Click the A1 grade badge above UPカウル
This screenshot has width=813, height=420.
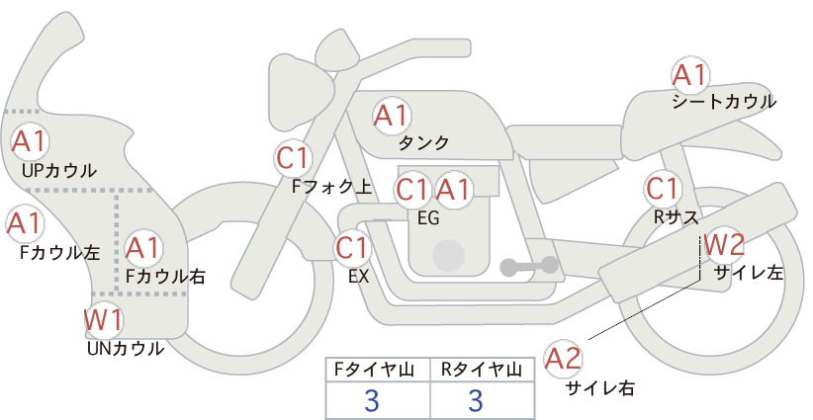(x=30, y=141)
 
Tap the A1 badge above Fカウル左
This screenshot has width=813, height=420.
(x=25, y=223)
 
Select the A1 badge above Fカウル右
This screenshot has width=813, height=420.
(x=143, y=248)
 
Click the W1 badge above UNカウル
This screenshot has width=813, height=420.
(x=104, y=319)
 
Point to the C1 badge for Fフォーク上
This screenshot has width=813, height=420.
(x=294, y=158)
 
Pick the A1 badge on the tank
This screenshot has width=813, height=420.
(x=392, y=116)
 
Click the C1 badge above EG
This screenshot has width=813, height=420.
(x=413, y=190)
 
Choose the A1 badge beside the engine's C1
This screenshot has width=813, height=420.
(x=454, y=190)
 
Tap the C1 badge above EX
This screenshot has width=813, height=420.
(x=352, y=247)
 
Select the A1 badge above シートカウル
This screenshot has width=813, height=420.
(x=690, y=75)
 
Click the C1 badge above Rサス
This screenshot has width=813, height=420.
(x=663, y=189)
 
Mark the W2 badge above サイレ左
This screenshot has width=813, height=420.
(x=725, y=245)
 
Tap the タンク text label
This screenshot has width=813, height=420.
(x=423, y=143)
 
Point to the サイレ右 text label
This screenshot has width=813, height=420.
(x=600, y=388)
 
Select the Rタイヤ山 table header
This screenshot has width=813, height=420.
(x=482, y=370)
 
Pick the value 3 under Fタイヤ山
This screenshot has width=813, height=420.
(x=372, y=400)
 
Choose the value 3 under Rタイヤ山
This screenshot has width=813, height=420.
(x=476, y=400)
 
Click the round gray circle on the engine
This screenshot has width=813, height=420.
(x=448, y=256)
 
